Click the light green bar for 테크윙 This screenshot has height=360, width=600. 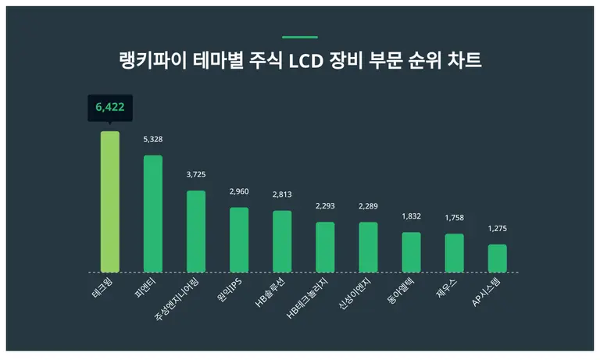pos(110,201)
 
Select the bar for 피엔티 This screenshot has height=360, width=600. pos(153,213)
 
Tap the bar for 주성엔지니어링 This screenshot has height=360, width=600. pos(196,231)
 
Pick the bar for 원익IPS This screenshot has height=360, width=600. pos(239,240)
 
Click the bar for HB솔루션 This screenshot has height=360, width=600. pos(282,241)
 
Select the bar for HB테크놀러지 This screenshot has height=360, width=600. pos(325,247)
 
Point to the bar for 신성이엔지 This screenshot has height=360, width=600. pos(368,247)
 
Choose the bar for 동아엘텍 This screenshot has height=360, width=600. pos(411,252)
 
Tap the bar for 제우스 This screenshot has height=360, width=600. pos(454,253)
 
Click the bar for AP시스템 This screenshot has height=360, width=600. pos(497,258)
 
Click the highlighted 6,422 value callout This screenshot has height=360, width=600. pos(110,107)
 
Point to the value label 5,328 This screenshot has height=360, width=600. pos(153,139)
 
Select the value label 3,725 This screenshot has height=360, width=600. pos(196,174)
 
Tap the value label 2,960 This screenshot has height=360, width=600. pos(239,191)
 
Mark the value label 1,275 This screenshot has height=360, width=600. pos(497,229)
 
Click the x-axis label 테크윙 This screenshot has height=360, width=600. pos(103,290)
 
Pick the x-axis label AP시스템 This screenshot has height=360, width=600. pos(488,295)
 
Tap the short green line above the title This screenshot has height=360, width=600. pos(300,37)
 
